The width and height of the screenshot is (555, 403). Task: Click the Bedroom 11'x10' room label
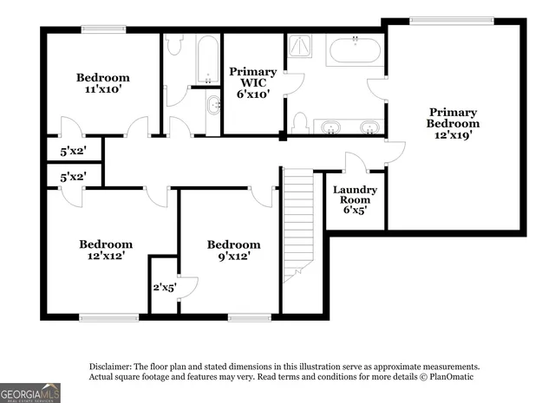(102, 82)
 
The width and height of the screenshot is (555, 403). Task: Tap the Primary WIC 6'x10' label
(252, 83)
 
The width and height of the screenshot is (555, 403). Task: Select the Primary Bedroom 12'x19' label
(452, 123)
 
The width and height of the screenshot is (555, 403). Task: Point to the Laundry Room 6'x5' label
(355, 199)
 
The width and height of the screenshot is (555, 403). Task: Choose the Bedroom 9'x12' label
(233, 250)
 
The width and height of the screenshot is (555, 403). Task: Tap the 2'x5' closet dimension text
(165, 287)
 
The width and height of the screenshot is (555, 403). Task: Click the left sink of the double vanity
(330, 127)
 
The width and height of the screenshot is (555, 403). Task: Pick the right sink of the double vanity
(369, 127)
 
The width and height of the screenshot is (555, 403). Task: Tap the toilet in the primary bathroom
(300, 124)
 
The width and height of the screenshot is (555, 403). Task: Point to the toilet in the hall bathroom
(173, 45)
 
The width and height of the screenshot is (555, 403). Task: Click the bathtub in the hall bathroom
(208, 58)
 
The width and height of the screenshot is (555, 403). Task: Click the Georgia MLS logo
(30, 393)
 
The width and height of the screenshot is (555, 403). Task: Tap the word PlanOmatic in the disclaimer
(447, 377)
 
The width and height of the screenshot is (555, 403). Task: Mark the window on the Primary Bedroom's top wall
(453, 21)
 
